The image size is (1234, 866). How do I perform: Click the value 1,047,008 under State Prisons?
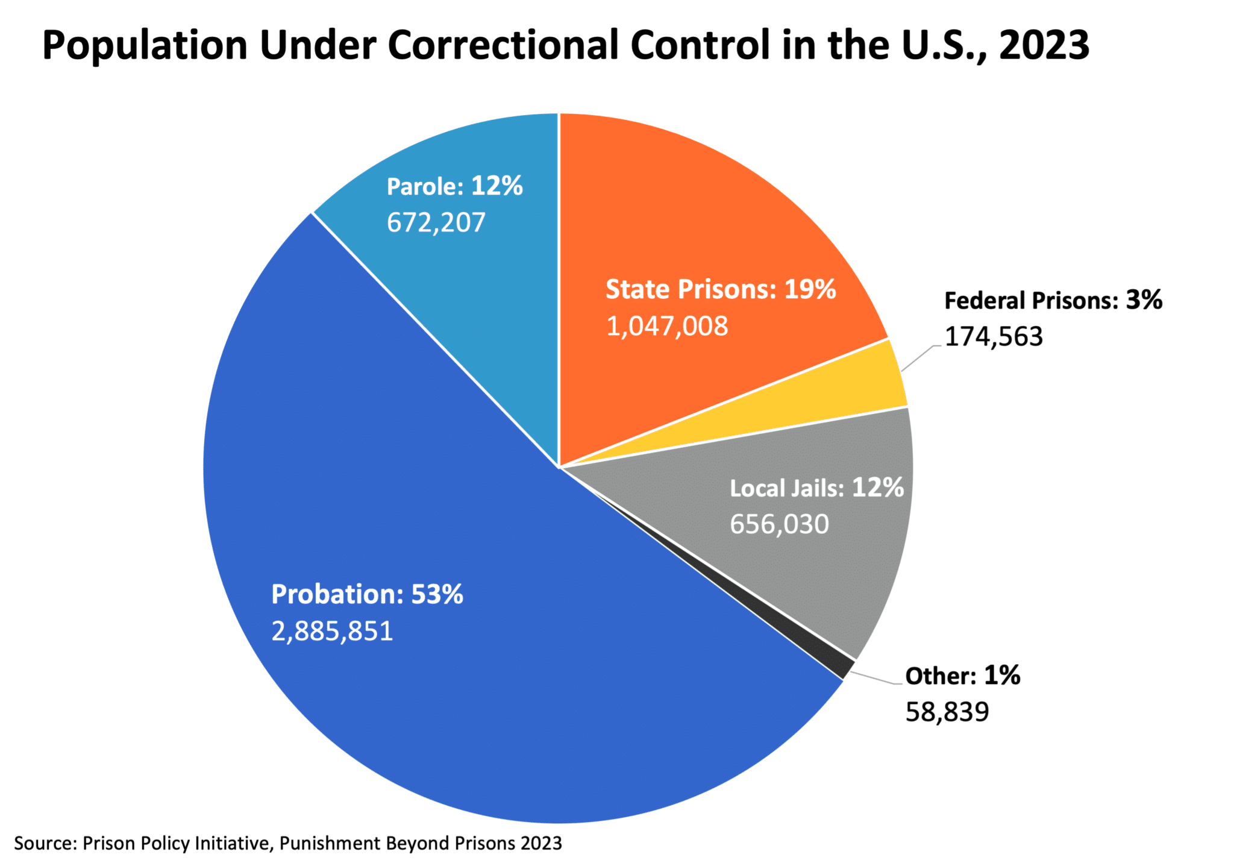667,327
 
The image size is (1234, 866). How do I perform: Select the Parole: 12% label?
454,186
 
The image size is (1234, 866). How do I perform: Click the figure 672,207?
436,222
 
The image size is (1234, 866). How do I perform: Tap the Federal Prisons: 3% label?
1053,300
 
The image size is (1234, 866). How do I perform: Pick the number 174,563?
993,336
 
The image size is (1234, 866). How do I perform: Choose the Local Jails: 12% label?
816,488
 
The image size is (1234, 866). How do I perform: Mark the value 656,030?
779,524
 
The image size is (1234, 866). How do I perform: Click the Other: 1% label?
962,676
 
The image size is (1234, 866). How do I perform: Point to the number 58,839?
947,712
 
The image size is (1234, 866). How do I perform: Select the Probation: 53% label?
367,594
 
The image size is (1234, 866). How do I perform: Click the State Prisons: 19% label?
721,289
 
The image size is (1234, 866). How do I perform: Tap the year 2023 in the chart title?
1044,45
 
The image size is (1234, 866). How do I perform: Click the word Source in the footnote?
42,842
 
